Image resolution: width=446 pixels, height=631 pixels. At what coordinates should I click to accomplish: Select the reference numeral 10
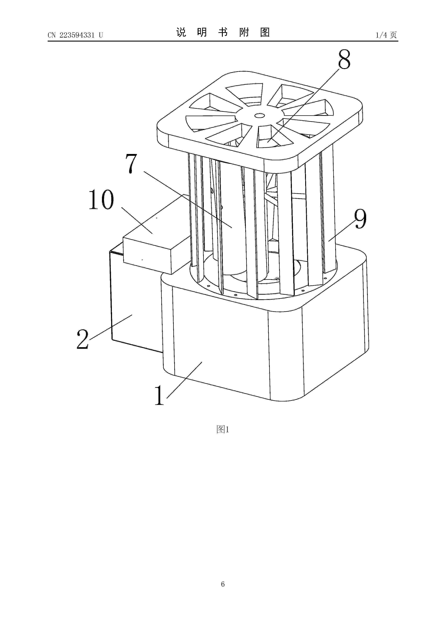pyautogui.click(x=101, y=200)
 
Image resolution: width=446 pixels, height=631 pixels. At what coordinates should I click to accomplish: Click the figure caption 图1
pyautogui.click(x=223, y=429)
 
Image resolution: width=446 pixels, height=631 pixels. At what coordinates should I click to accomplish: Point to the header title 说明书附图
pyautogui.click(x=223, y=32)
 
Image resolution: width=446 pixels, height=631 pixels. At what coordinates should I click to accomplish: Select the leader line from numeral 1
pyautogui.click(x=184, y=380)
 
